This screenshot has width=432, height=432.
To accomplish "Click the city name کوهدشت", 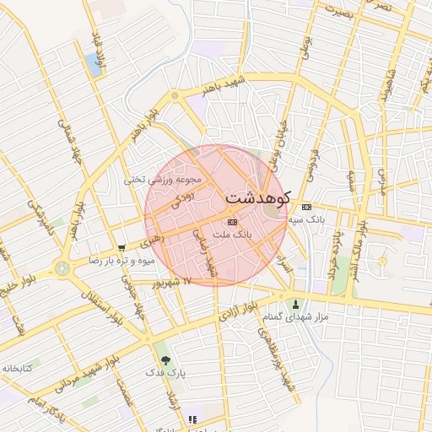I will [257, 197].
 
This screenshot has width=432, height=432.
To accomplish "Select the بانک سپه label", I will [306, 219].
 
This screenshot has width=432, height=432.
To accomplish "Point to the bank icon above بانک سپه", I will [306, 207].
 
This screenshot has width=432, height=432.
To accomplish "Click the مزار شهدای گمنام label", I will [294, 316].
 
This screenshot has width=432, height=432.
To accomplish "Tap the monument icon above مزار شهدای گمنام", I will [294, 304].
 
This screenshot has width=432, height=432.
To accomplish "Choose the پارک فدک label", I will [165, 371].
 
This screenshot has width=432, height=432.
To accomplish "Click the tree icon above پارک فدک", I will [165, 359].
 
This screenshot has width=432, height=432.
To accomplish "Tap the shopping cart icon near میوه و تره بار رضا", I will [122, 248].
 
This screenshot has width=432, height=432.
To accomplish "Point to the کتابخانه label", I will [16, 369].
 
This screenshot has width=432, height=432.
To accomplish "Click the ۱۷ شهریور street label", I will [176, 282].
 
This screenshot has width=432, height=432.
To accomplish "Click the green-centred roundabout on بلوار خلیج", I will [62, 269].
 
